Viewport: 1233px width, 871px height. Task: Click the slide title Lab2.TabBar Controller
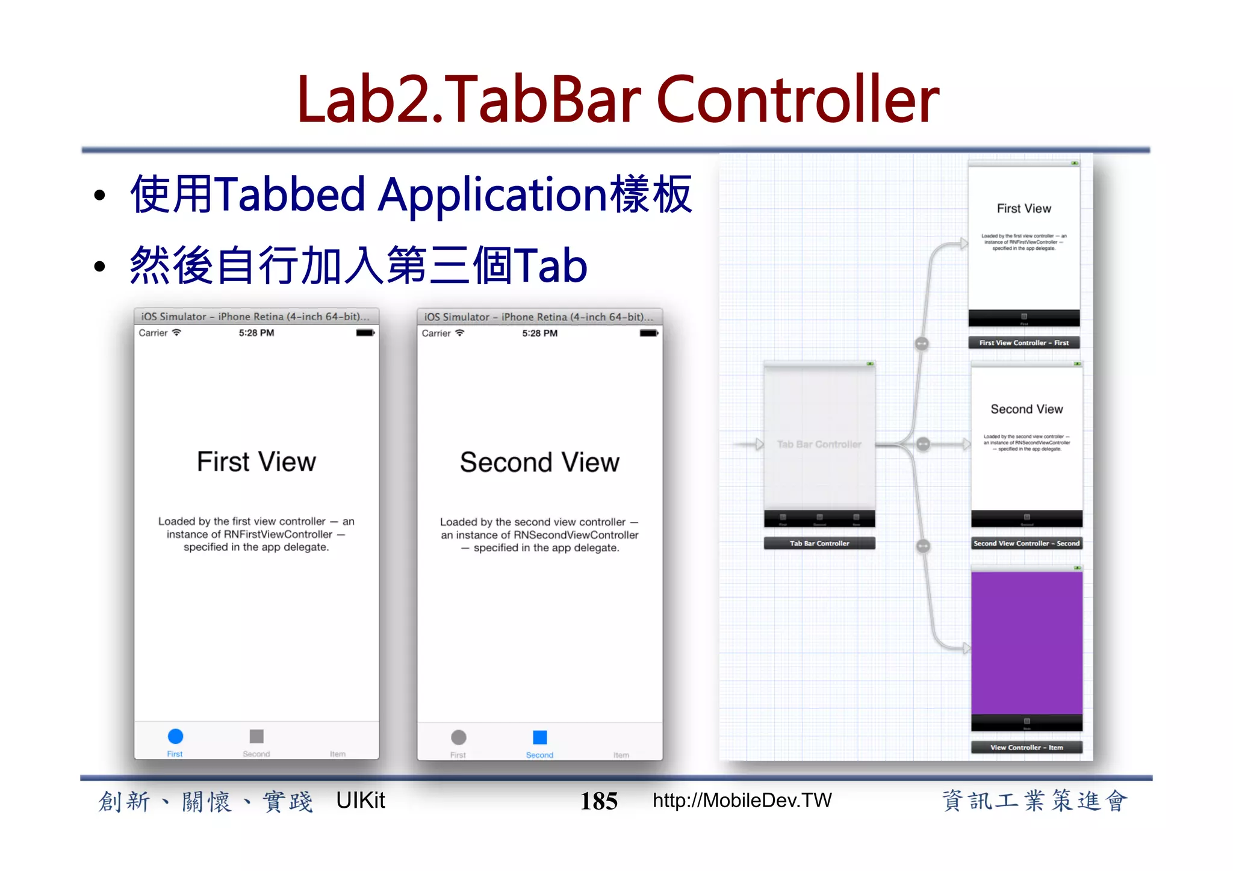618,99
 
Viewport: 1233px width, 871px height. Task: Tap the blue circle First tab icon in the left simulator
175,736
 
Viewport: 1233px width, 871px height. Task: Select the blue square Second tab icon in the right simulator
540,737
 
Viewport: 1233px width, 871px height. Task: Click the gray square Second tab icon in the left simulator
256,736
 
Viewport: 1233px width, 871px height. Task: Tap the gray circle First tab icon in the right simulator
459,737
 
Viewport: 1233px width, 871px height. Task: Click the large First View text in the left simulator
256,462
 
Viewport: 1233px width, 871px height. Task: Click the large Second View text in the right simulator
539,463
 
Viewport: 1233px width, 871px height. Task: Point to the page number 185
598,801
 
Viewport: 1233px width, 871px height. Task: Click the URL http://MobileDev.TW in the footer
742,801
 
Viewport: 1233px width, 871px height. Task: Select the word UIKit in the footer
360,801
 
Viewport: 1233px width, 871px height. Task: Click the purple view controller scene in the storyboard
1026,642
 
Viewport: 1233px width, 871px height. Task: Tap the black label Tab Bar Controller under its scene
819,544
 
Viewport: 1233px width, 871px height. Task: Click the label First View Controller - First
1023,343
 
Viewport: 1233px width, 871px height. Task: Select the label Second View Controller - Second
1026,544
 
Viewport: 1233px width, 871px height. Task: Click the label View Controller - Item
1026,748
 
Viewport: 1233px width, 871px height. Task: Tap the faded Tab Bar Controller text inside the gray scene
819,444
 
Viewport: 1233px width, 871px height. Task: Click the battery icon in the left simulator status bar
365,333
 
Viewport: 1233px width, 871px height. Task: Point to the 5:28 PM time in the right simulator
539,333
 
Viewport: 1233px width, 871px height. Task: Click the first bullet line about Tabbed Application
411,195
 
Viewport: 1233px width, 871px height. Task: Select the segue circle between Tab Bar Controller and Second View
923,444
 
